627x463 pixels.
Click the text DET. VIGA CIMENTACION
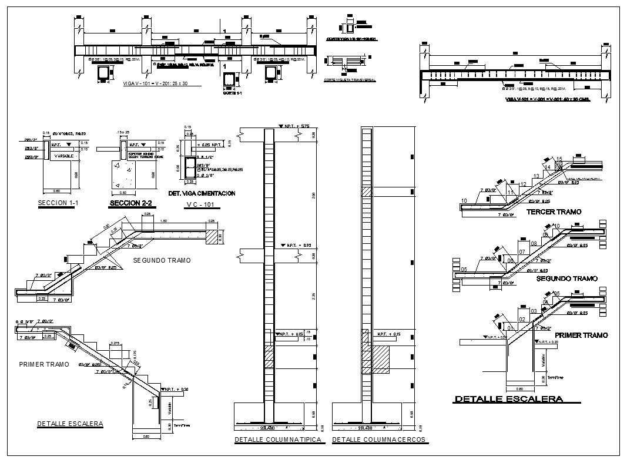point(202,193)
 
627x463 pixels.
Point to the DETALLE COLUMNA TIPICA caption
point(278,439)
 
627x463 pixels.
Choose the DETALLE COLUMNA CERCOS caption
point(379,439)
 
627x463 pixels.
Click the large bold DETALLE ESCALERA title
point(508,399)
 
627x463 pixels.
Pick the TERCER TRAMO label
point(554,212)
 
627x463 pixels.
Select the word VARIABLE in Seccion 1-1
point(63,156)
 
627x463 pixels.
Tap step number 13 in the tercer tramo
point(535,176)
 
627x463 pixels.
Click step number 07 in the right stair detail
point(522,251)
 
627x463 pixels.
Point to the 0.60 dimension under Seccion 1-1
point(56,190)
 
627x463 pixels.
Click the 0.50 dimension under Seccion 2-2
point(123,192)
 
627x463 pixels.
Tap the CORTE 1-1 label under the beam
point(233,93)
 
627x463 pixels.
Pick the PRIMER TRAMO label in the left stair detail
point(44,364)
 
